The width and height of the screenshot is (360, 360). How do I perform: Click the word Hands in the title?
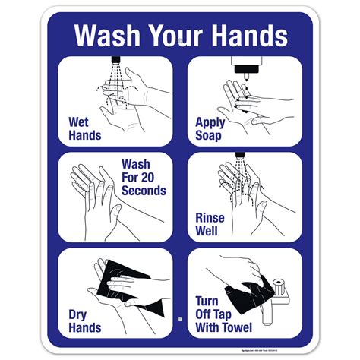tap(249, 36)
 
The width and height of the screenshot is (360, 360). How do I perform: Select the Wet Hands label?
tap(85, 128)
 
